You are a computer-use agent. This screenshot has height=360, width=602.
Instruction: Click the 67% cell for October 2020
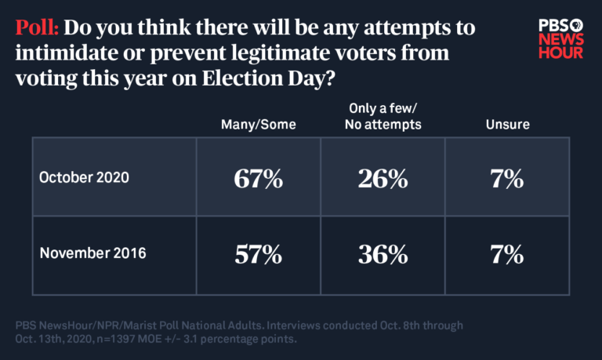coord(258,179)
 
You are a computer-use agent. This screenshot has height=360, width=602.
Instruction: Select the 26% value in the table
coord(383,179)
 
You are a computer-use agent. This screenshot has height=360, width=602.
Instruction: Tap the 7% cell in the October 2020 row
coord(508,179)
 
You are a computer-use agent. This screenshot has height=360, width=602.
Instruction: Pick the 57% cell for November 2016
coord(258,254)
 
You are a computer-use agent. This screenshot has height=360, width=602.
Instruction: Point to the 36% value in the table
coord(383,254)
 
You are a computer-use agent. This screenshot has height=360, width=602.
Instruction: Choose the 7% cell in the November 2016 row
coord(508,254)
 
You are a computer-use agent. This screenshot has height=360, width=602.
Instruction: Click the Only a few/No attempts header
coord(383,116)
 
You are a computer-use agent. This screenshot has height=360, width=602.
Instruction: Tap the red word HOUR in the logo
coord(560,53)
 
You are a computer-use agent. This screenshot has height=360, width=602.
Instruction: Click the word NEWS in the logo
coord(560,38)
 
